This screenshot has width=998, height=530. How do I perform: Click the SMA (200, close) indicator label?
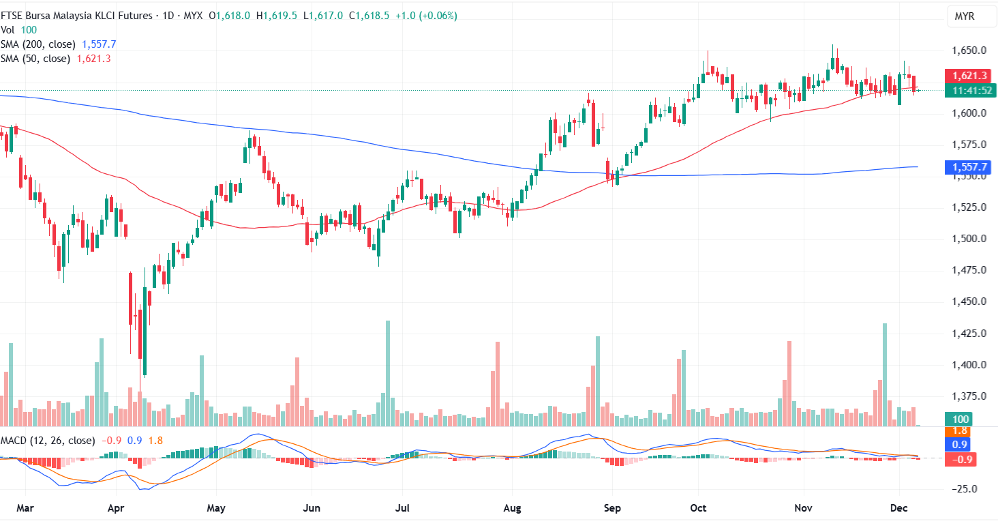[38, 44]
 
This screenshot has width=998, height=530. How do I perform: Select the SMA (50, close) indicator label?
[35, 59]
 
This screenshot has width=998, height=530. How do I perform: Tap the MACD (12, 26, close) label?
[48, 441]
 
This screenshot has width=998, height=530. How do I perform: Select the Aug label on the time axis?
[513, 508]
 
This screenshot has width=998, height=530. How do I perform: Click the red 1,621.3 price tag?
[961, 76]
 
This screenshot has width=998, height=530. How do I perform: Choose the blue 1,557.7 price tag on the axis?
[961, 167]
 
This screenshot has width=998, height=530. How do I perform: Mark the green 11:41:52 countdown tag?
[961, 90]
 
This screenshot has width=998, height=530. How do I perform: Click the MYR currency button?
[964, 16]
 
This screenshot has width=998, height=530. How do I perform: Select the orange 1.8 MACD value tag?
[960, 431]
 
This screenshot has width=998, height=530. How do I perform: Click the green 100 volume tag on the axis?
[961, 419]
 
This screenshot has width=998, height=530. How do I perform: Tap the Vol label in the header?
[8, 30]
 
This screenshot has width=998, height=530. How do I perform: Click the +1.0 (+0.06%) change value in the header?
[425, 16]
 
